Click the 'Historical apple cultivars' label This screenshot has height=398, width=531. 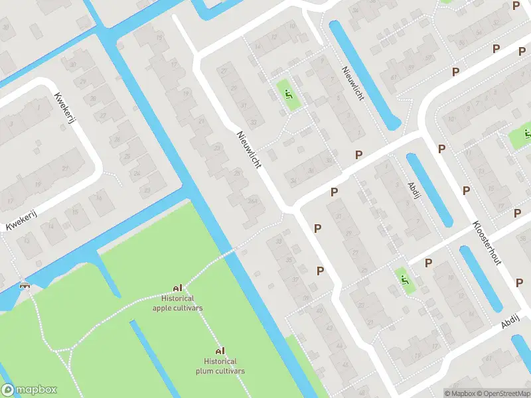[177, 303]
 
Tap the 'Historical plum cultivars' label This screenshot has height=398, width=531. [220, 366]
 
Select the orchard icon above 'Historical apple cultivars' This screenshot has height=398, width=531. [177, 288]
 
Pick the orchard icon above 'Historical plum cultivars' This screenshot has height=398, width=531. [220, 350]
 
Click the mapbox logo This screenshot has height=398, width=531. [29, 389]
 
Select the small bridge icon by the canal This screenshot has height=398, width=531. [25, 285]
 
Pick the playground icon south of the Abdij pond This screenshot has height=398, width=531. [404, 281]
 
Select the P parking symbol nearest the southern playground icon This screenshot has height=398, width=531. [428, 263]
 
